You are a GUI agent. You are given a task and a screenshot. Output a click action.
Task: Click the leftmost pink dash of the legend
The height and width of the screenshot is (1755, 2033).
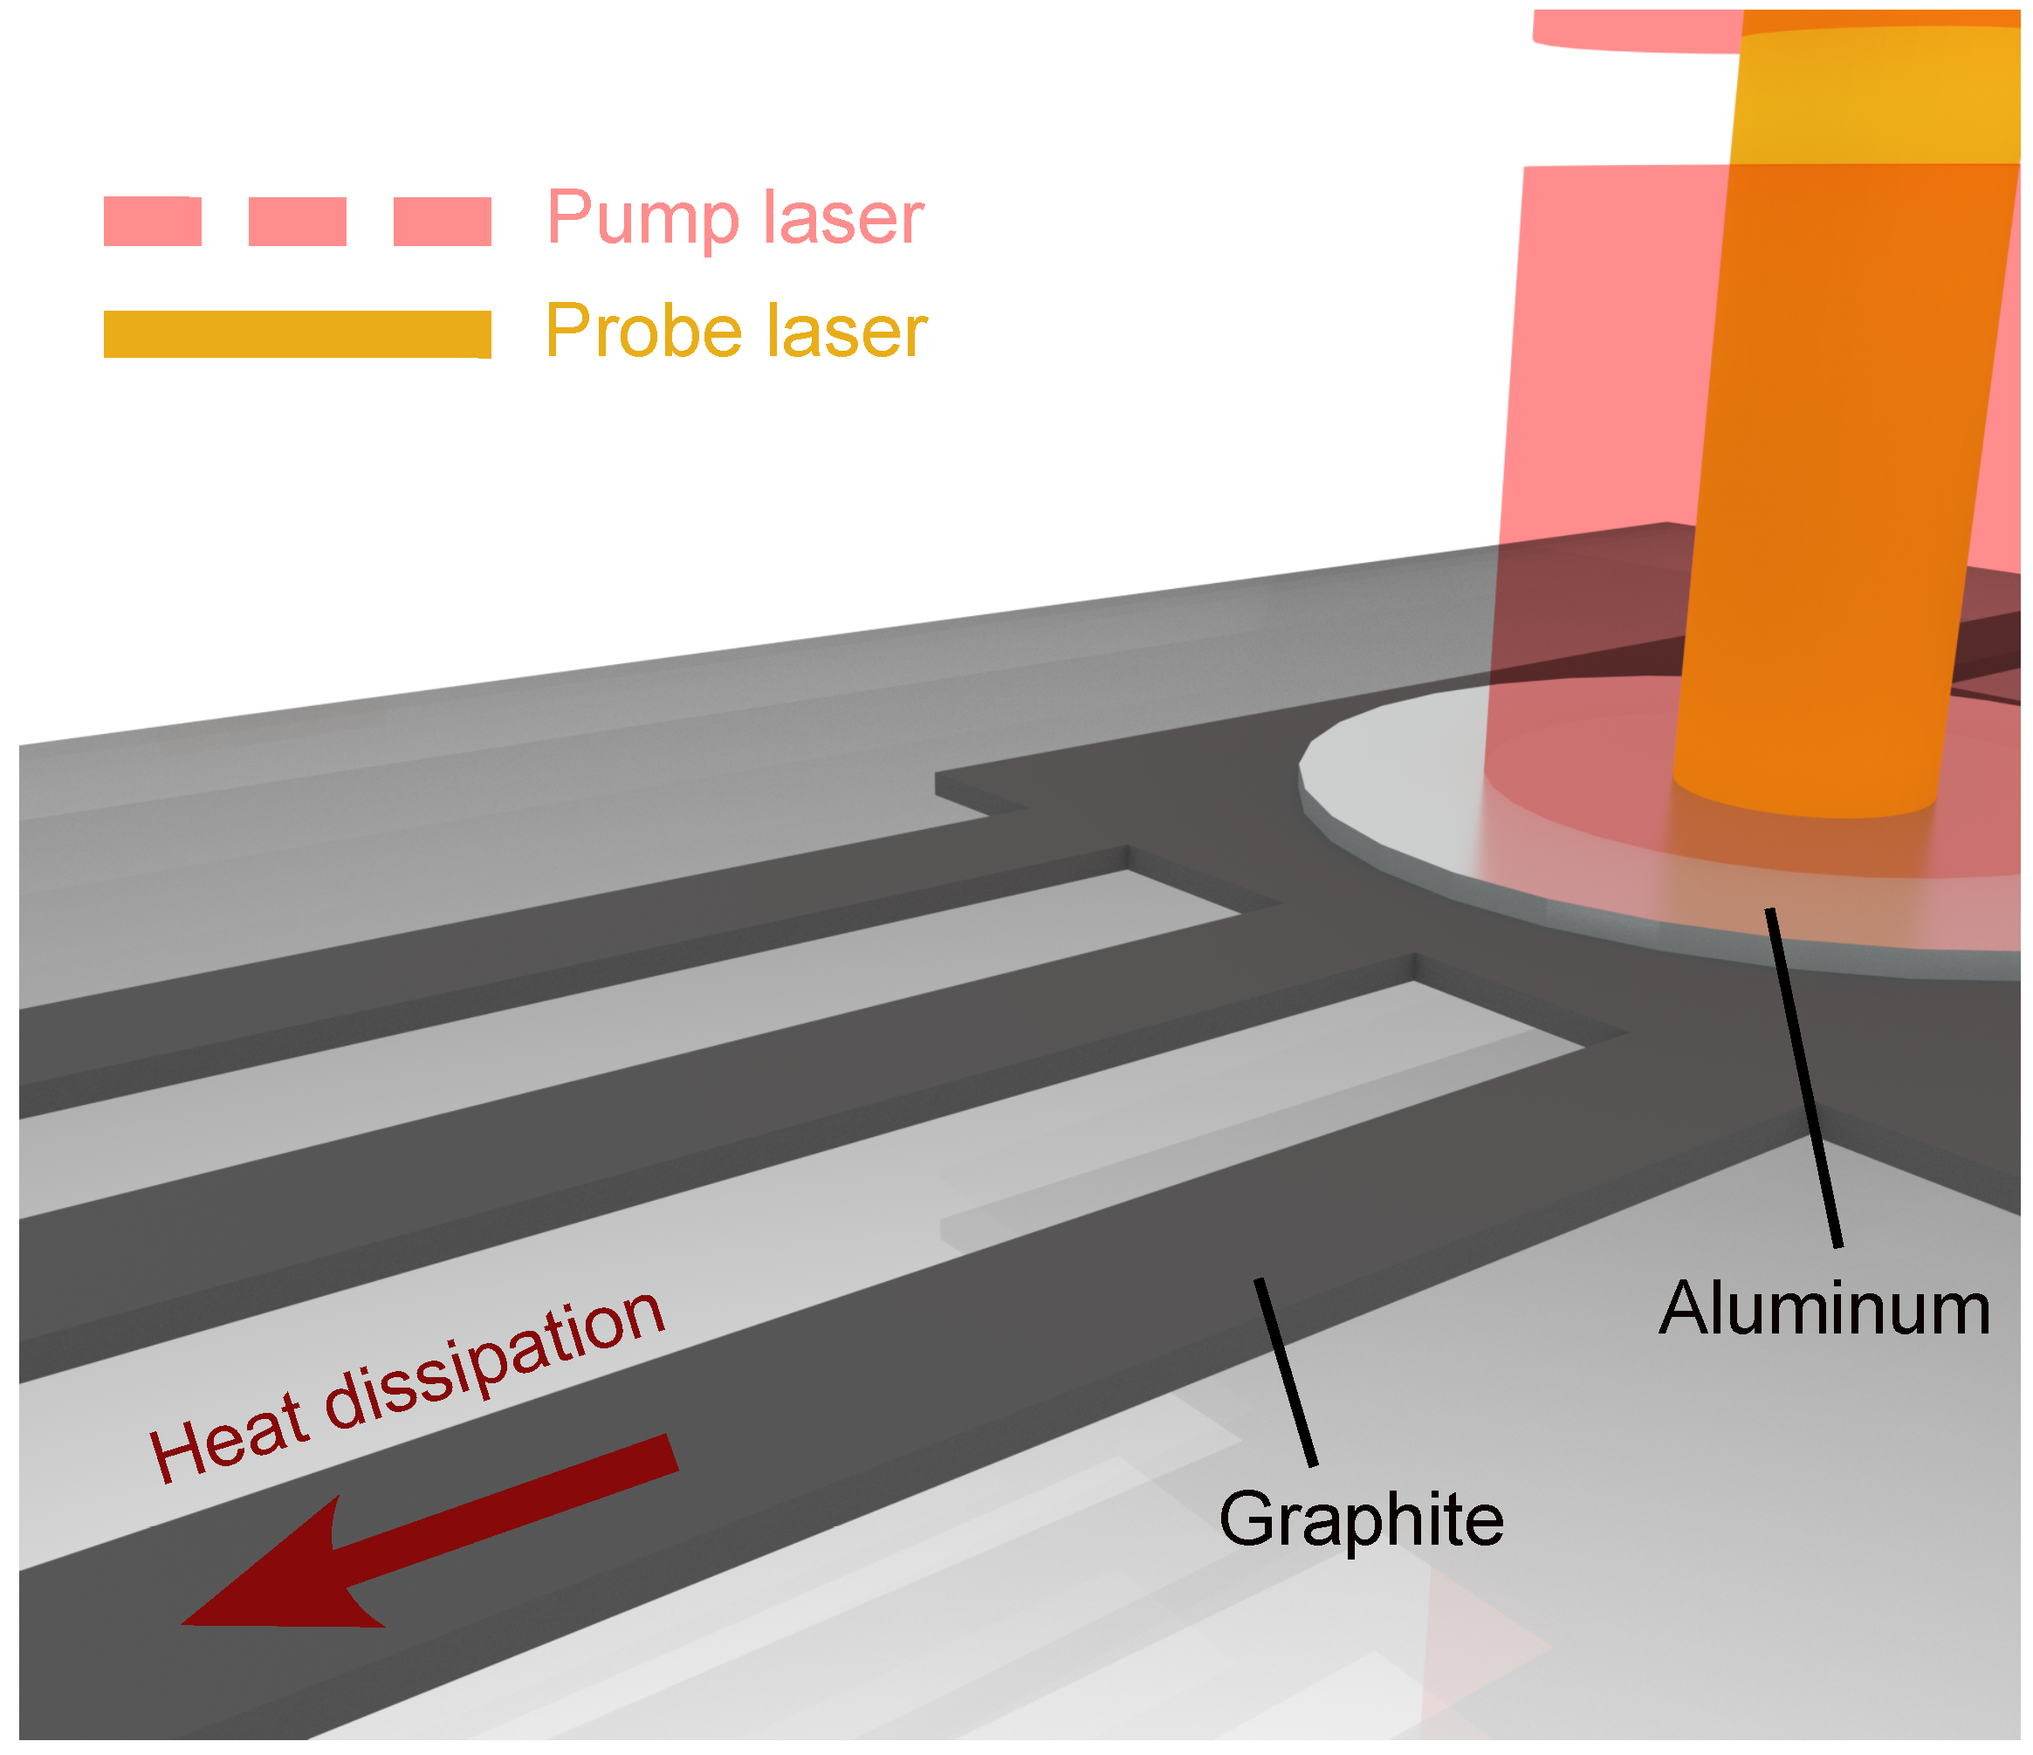pyautogui.click(x=152, y=221)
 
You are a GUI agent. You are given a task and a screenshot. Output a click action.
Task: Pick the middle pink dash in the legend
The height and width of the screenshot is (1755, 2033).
pyautogui.click(x=298, y=221)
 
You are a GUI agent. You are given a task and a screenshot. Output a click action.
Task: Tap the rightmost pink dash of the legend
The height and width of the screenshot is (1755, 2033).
pyautogui.click(x=442, y=221)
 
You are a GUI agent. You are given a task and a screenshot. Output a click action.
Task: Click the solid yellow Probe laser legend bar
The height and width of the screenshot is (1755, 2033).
pyautogui.click(x=298, y=334)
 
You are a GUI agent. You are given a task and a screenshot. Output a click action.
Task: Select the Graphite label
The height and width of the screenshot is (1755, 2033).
pyautogui.click(x=1361, y=1519)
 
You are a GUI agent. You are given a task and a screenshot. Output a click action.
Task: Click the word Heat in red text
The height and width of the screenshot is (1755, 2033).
pyautogui.click(x=228, y=1438)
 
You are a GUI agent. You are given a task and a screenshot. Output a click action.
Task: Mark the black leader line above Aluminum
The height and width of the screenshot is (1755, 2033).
pyautogui.click(x=1803, y=1080)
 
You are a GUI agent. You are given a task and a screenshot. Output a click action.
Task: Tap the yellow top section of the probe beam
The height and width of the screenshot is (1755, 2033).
pyautogui.click(x=1874, y=98)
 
